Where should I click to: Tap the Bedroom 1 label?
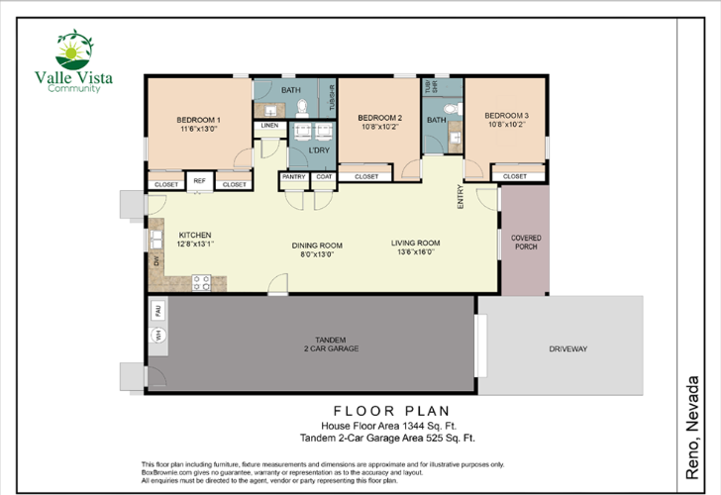(199, 124)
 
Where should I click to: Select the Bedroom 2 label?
(379, 122)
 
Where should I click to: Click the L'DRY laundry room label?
(319, 150)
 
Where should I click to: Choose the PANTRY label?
(293, 176)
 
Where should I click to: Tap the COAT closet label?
(324, 176)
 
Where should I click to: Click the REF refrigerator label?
(199, 180)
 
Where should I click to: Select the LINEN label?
(268, 126)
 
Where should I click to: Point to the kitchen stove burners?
(201, 281)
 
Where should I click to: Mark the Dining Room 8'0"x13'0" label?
(317, 248)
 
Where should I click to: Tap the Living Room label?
(415, 247)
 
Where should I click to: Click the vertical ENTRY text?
(461, 197)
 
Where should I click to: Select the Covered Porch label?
(525, 244)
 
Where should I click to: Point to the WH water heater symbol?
(155, 337)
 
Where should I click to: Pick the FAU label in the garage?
(155, 311)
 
